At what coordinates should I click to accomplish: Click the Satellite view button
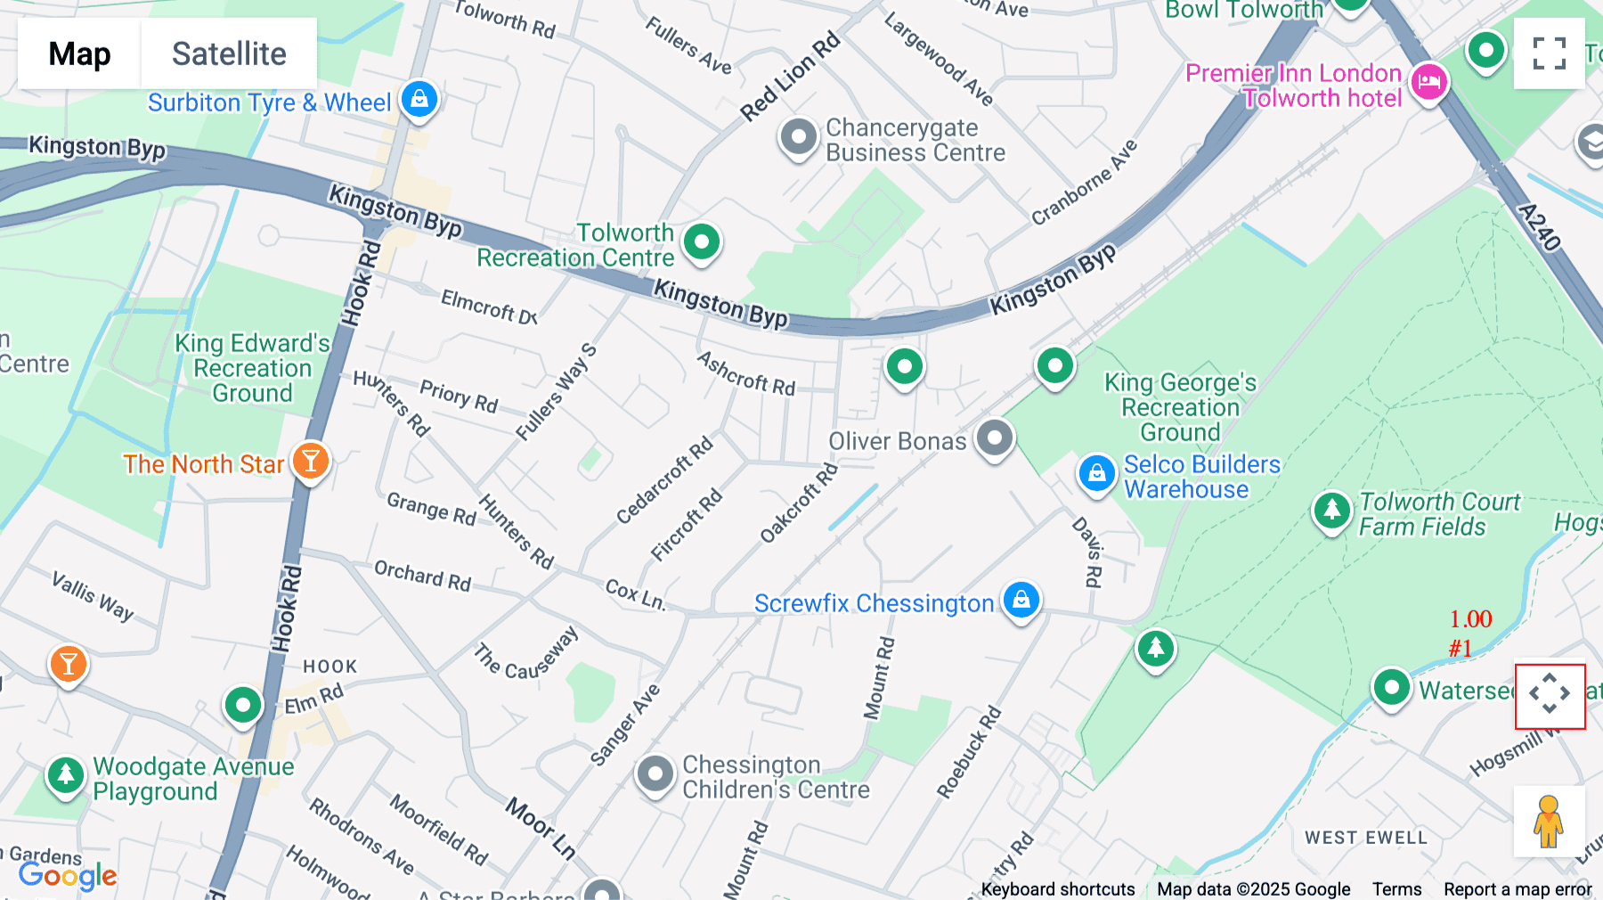(229, 53)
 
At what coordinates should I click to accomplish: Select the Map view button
(79, 53)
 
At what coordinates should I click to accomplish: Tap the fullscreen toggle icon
(1549, 53)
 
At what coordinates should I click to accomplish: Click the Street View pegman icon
(1549, 822)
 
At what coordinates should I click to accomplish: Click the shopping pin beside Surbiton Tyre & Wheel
(419, 98)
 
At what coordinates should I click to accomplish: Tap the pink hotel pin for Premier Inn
(1429, 82)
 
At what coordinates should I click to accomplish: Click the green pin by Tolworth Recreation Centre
(702, 241)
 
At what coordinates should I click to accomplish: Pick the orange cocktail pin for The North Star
(311, 461)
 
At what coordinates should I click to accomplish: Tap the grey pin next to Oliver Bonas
(995, 438)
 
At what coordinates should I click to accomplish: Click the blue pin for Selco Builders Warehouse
(1096, 473)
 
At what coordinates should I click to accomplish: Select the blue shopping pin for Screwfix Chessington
(1021, 600)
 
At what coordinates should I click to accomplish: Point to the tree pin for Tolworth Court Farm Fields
(1331, 511)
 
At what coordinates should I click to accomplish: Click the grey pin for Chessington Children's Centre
(655, 774)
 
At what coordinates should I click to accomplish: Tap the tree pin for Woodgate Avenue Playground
(65, 774)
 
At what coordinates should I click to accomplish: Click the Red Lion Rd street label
(790, 77)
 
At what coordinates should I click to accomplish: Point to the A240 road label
(1539, 226)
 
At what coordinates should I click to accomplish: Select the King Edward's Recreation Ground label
(252, 368)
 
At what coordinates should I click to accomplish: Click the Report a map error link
(1517, 889)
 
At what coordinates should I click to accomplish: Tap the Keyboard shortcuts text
(1057, 889)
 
